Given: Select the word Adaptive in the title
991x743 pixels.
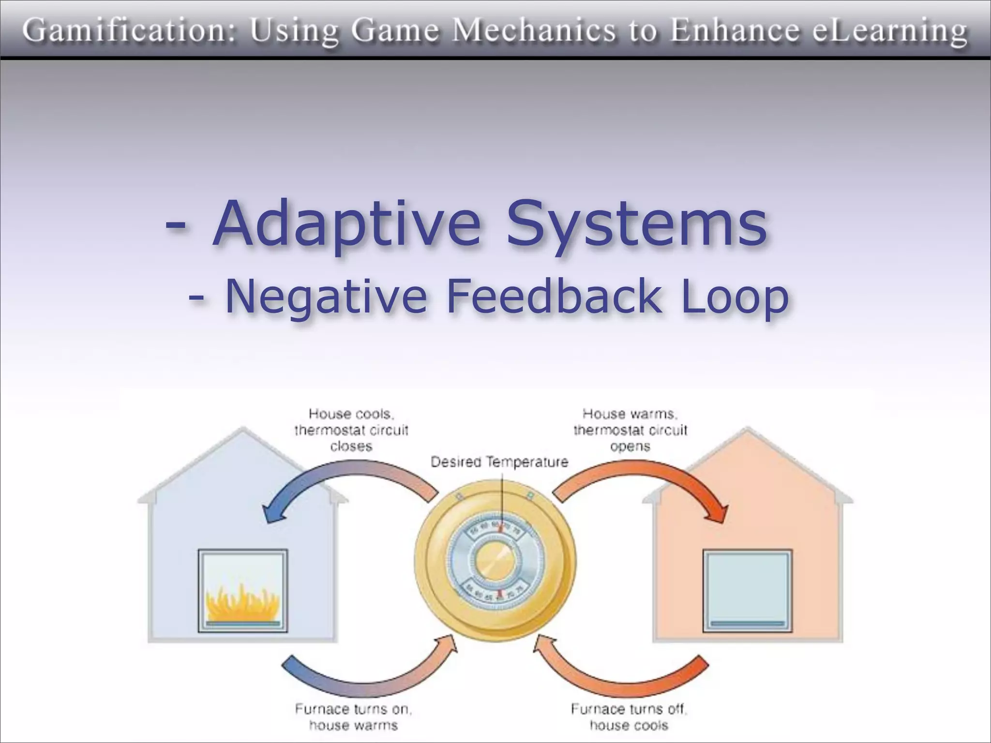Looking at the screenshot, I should [346, 223].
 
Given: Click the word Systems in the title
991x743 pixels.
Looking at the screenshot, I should [636, 223].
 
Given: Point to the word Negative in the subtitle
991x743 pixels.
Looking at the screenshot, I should [326, 296].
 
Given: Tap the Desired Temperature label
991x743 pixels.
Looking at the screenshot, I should [499, 462].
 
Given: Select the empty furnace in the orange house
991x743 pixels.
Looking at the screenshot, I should [747, 591].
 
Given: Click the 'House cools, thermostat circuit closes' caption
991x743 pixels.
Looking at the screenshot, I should [351, 430].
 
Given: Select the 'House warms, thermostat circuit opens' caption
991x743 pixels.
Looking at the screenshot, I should [630, 430].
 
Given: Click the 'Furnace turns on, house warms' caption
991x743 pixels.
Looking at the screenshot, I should [354, 717].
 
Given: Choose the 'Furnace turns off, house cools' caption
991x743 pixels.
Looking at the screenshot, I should [629, 717].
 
